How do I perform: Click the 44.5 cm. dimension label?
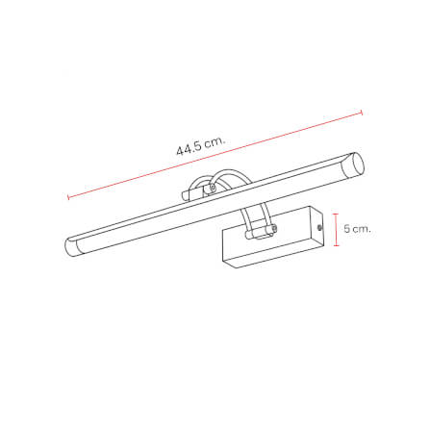coord(200,145)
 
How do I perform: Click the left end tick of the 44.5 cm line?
coord(67,198)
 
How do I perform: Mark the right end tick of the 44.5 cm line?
coord(361,113)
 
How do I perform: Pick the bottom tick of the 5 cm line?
coord(336,247)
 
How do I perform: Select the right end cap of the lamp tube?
coord(356,164)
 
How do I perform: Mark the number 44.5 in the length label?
coord(190,148)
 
